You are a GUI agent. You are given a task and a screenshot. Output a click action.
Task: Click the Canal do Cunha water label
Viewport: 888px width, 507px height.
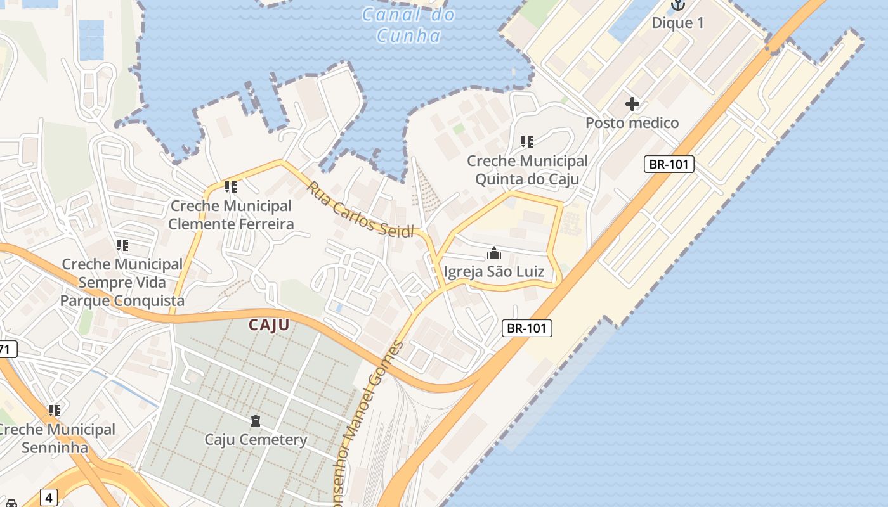408,24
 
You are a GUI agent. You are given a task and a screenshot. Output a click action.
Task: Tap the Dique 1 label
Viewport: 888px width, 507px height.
678,23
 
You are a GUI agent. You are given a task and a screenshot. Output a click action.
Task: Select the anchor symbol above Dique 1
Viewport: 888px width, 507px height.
678,5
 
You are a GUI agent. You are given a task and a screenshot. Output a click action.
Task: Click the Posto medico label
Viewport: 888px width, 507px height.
632,122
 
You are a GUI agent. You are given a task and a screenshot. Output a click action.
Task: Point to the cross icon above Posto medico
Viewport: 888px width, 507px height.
632,103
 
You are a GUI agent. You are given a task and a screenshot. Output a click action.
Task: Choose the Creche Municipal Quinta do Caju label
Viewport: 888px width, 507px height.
527,170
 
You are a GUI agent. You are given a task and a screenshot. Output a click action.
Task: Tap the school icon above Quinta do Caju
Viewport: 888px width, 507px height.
527,141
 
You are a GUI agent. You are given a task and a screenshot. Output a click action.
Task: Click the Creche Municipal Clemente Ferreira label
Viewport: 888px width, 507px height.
231,215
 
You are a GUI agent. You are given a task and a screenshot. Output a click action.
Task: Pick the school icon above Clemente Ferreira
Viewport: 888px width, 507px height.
231,187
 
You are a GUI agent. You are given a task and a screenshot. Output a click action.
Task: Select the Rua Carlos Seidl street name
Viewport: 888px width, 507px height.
360,209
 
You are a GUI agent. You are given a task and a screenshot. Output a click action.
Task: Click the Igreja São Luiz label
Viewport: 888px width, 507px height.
494,272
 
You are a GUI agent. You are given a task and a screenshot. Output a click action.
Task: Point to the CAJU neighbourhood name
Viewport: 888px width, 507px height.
269,325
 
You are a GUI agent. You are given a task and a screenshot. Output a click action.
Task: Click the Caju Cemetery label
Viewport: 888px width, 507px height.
256,439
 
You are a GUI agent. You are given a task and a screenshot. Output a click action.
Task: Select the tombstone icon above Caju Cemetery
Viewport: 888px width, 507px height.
256,420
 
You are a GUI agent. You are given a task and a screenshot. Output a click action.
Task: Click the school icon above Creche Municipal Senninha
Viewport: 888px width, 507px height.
55,411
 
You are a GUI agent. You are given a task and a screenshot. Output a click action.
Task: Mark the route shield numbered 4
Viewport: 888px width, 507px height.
49,497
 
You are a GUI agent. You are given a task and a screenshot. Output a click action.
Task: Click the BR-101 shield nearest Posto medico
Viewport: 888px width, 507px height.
669,164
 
